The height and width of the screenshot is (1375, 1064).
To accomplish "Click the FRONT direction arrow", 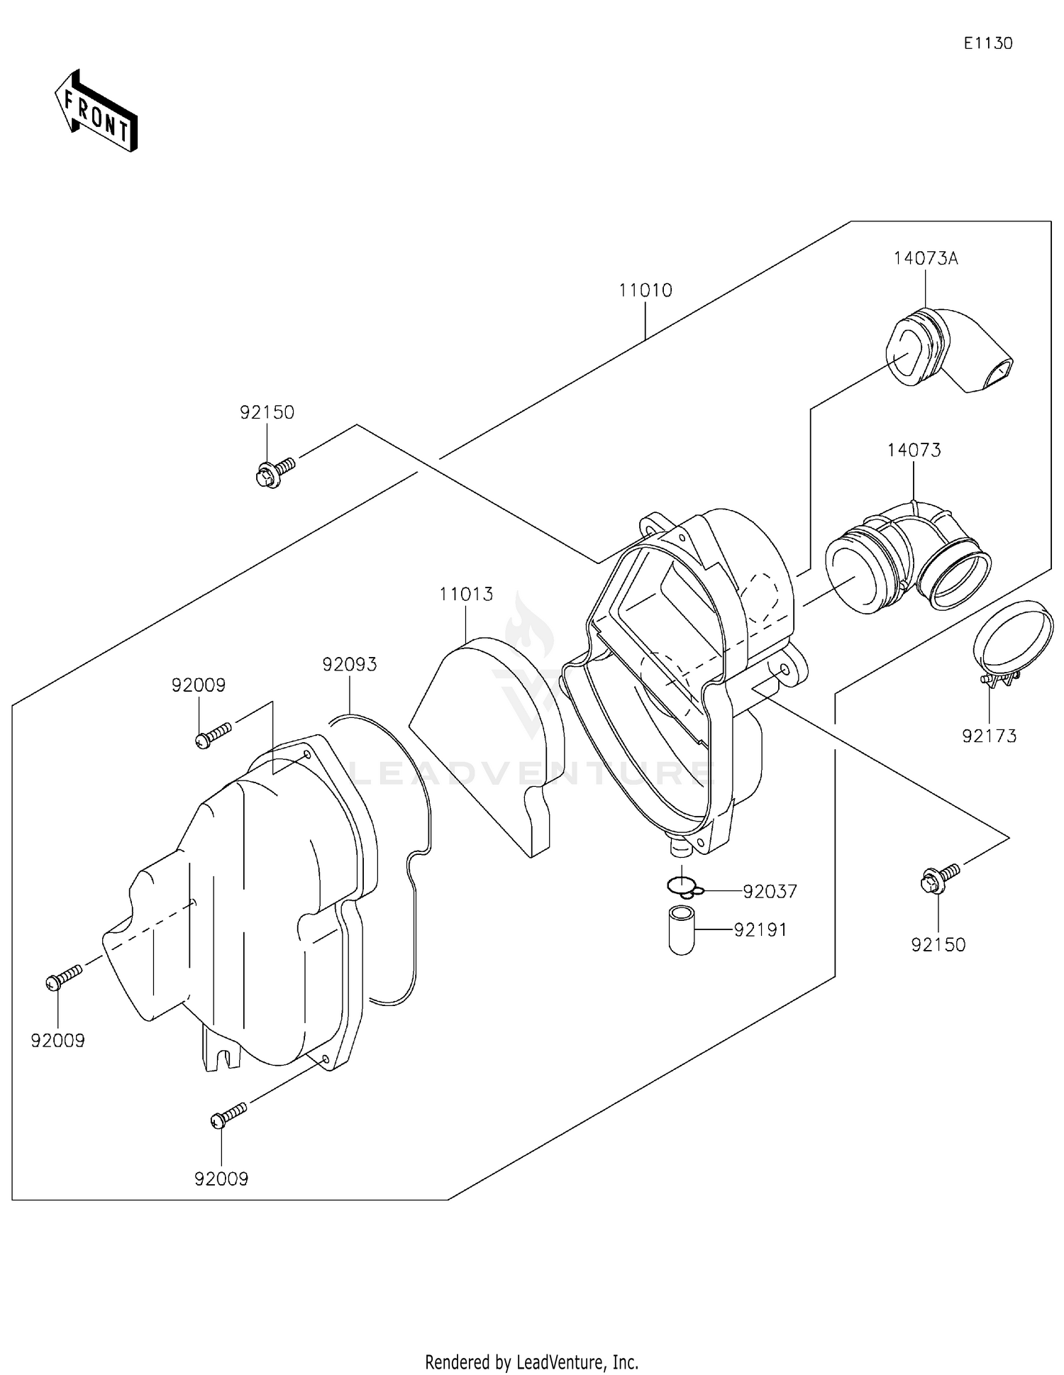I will pos(96,111).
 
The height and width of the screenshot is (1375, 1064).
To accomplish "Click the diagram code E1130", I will pos(987,43).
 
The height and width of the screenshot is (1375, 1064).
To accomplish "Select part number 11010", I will pos(645,290).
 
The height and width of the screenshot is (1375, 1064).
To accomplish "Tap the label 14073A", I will pos(925,258).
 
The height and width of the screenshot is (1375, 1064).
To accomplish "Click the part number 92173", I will pos(989,736).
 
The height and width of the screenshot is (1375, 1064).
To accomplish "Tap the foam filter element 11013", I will pos(489,738).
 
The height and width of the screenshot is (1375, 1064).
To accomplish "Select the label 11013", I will pos(466,594).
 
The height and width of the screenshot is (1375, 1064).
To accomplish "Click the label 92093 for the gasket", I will pos(349,665).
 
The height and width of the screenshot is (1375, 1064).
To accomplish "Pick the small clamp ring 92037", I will pos(683,887).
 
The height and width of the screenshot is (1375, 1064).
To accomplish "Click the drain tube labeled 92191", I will pos(682,930).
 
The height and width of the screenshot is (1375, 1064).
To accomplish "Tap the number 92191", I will pos(760,929).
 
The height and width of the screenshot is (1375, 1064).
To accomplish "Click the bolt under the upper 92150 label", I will pos(274,472).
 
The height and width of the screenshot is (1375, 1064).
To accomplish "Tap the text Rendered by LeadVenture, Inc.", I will pos(531,1362).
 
